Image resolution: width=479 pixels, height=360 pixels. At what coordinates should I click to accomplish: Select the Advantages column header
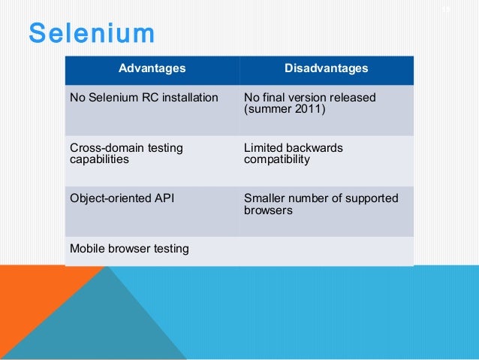pyautogui.click(x=152, y=69)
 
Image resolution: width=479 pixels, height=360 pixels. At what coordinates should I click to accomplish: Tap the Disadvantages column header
pyautogui.click(x=326, y=69)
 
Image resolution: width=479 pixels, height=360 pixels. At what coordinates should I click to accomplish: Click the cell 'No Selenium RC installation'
pyautogui.click(x=143, y=98)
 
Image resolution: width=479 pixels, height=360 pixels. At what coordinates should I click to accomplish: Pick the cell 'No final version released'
pyautogui.click(x=309, y=98)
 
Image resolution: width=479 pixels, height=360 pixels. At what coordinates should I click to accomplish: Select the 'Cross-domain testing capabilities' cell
pyautogui.click(x=126, y=154)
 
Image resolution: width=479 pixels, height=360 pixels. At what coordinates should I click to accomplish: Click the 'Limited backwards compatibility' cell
pyautogui.click(x=293, y=154)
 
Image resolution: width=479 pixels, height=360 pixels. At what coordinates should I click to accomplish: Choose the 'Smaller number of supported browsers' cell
pyautogui.click(x=321, y=204)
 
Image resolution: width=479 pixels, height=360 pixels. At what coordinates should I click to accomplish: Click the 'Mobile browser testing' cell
pyautogui.click(x=129, y=249)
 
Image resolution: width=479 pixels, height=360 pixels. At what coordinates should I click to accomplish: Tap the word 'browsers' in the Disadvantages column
pyautogui.click(x=268, y=211)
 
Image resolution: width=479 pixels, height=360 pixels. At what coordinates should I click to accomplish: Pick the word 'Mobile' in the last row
pyautogui.click(x=87, y=249)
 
